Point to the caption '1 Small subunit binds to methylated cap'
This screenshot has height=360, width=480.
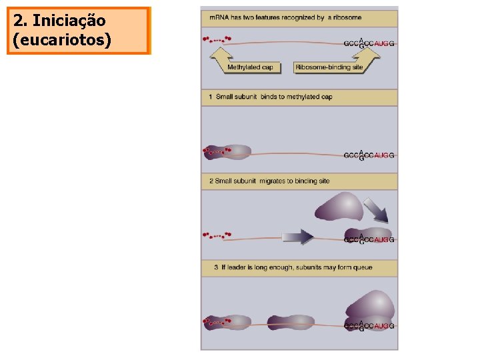270,97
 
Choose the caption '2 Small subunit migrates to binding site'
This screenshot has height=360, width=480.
269,181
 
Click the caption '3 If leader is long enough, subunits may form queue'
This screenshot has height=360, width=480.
293,267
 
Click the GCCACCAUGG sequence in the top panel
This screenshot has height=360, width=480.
369,43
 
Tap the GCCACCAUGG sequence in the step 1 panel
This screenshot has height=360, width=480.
369,155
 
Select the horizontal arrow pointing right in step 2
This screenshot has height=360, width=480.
297,237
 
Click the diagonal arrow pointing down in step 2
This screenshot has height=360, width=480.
379,210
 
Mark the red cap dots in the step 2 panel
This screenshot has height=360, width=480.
217,235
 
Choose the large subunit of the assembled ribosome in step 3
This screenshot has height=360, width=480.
371,305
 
